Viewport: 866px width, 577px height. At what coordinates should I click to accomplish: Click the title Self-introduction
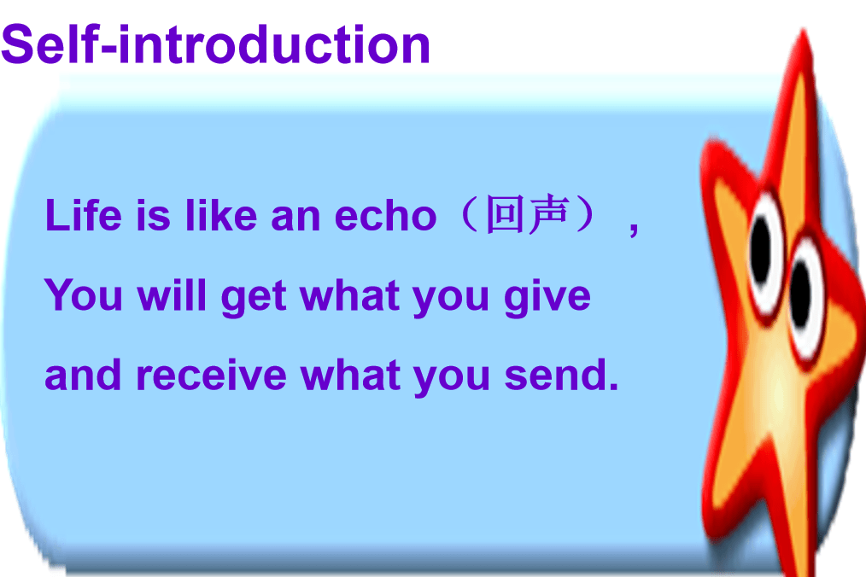pyautogui.click(x=215, y=44)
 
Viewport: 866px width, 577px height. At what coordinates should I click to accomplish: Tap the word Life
pyautogui.click(x=84, y=214)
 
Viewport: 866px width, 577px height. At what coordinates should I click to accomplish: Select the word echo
pyautogui.click(x=385, y=215)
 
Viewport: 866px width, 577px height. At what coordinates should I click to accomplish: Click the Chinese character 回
pyautogui.click(x=504, y=213)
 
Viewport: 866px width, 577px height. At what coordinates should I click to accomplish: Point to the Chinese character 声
pyautogui.click(x=547, y=213)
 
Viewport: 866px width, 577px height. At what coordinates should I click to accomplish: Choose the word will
pyautogui.click(x=172, y=295)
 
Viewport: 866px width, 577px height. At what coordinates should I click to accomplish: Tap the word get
pyautogui.click(x=254, y=298)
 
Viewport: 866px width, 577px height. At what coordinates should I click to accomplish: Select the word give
pyautogui.click(x=547, y=298)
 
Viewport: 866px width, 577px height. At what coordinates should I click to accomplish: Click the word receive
pyautogui.click(x=212, y=376)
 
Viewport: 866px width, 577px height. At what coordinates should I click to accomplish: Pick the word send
pyautogui.click(x=561, y=376)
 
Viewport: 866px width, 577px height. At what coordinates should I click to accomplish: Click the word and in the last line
pyautogui.click(x=83, y=376)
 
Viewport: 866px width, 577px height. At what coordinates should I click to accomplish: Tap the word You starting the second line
pyautogui.click(x=84, y=295)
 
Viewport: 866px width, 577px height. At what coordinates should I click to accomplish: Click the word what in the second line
pyautogui.click(x=349, y=295)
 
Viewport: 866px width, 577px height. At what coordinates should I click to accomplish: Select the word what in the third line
pyautogui.click(x=350, y=376)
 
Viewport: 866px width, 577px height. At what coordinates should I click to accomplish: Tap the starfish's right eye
pyautogui.click(x=805, y=295)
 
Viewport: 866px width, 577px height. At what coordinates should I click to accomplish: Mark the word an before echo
pyautogui.click(x=295, y=217)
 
